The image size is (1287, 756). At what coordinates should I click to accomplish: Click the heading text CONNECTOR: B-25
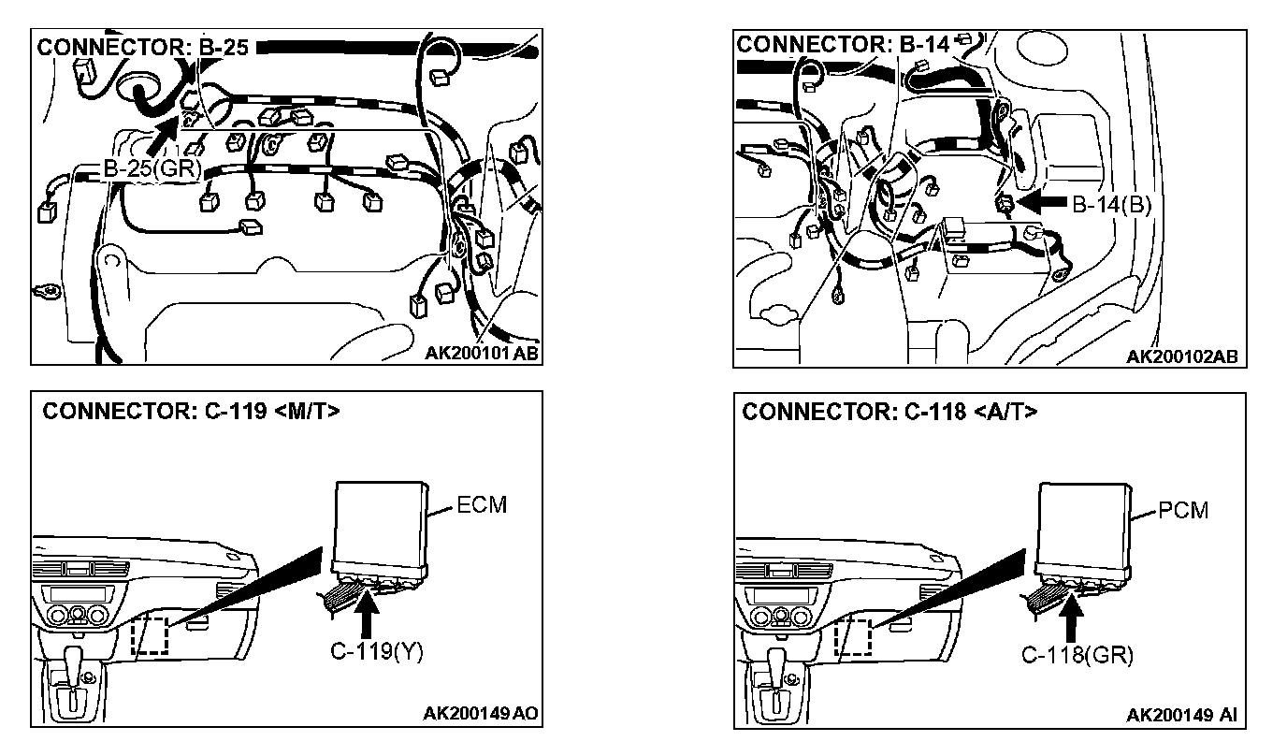click(x=142, y=47)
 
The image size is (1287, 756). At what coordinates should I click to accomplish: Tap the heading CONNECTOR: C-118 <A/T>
click(x=889, y=412)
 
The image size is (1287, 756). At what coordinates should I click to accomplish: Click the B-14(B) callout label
click(x=1111, y=203)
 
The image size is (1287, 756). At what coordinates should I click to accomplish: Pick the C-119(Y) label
click(x=378, y=652)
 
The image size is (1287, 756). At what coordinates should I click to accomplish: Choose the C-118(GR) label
click(x=1077, y=655)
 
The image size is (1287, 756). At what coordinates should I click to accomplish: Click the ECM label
click(x=482, y=505)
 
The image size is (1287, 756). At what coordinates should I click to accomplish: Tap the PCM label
click(x=1183, y=511)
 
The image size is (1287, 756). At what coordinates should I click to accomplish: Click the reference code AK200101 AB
click(x=482, y=353)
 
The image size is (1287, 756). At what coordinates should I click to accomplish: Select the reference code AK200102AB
click(x=1182, y=356)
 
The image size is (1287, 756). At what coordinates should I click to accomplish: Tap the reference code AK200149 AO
click(x=480, y=715)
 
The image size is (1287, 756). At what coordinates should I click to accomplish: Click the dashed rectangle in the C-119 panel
click(x=150, y=635)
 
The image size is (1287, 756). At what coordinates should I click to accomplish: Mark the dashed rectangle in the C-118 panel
click(x=852, y=637)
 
